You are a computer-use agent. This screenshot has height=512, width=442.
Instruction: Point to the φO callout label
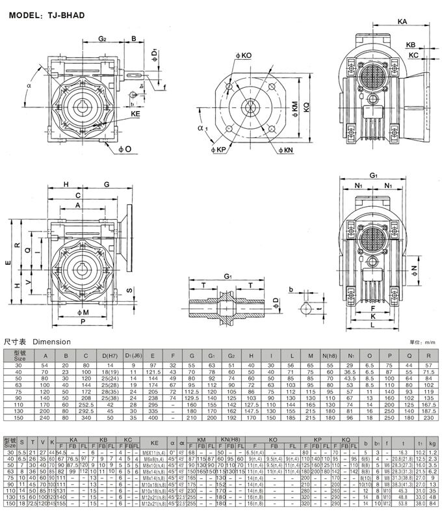(x=124, y=150)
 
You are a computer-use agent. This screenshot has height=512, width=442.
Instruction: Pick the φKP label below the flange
(x=216, y=151)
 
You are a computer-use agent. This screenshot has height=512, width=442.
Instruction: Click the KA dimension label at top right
(x=403, y=21)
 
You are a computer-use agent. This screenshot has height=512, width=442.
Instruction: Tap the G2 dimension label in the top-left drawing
(x=103, y=39)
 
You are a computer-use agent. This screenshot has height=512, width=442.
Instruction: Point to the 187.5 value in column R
(x=428, y=411)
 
